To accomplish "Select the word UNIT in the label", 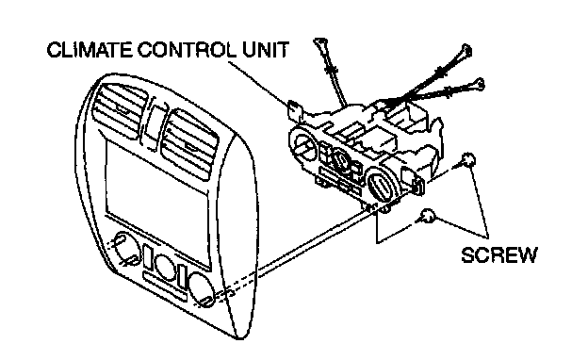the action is click(266, 50).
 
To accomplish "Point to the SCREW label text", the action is click(499, 255).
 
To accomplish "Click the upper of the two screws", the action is click(467, 159).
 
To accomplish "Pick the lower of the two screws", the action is click(428, 216).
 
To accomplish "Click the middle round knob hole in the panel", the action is click(164, 267).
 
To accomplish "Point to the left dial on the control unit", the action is click(304, 144).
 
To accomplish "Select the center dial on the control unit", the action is click(342, 162).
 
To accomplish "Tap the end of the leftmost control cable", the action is click(320, 42).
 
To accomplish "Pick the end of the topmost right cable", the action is click(465, 51).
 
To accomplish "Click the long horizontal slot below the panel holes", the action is click(165, 286).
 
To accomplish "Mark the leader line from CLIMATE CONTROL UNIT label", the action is click(259, 83).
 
